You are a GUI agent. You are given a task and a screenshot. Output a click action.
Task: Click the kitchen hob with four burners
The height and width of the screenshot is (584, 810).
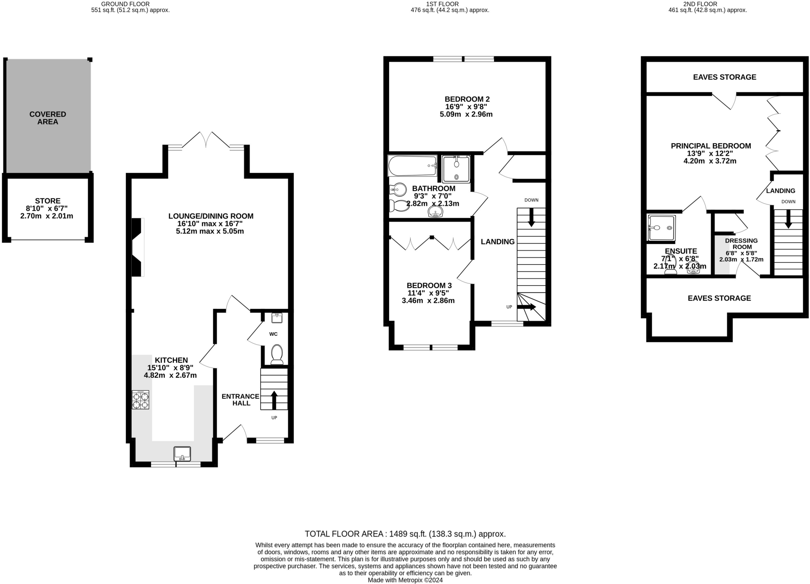tap(140, 399)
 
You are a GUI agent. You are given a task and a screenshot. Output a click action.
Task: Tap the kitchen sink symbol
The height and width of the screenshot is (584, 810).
tap(182, 454)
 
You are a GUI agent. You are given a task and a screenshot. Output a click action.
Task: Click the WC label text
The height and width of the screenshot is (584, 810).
tap(273, 334)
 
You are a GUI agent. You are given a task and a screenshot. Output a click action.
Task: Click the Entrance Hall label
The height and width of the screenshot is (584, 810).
tap(240, 400)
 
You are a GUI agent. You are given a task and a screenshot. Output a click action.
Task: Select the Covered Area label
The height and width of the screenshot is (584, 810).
tap(48, 118)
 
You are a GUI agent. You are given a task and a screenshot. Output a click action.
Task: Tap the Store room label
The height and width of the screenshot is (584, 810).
tap(47, 201)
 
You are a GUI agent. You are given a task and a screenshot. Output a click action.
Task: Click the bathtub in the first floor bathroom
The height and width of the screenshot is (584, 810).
tap(413, 166)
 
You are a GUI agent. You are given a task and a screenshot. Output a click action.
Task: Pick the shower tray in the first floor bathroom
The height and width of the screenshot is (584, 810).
tap(456, 169)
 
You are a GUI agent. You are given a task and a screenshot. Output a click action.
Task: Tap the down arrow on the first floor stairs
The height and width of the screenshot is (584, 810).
tap(531, 217)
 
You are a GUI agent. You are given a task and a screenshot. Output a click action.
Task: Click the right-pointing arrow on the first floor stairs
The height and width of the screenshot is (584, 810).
tap(526, 307)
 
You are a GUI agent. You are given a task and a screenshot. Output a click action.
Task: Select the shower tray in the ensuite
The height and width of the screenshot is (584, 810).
tap(661, 228)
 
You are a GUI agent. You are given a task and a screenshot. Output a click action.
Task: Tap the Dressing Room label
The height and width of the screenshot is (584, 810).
tap(742, 243)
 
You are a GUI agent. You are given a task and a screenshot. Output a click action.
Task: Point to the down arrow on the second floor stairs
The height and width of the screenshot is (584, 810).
tap(788, 219)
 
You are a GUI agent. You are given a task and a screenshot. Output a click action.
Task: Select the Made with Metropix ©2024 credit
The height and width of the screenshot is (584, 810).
tap(405, 580)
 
